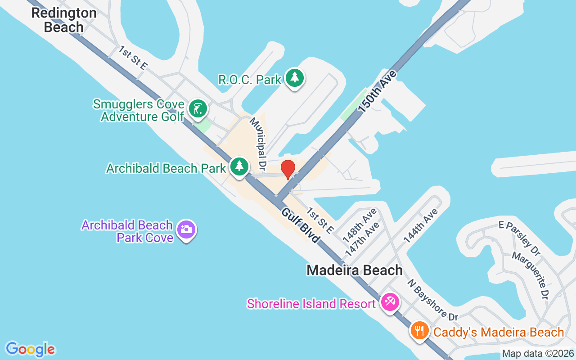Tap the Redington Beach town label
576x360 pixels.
[x=64, y=20]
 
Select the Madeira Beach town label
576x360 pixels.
[x=355, y=270]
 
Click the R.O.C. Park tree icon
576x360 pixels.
[x=295, y=78]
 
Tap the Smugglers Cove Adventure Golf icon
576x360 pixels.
[x=198, y=109]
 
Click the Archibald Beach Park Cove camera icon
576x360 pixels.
[x=186, y=229]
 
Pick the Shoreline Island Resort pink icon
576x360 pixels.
[x=389, y=302]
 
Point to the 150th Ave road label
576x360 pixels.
[x=378, y=91]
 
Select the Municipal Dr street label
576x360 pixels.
[x=258, y=141]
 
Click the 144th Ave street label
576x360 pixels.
[x=421, y=226]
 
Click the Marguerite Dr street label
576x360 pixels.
[x=531, y=275]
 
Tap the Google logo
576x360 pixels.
[x=31, y=349]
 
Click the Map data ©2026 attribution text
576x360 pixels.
[x=538, y=354]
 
